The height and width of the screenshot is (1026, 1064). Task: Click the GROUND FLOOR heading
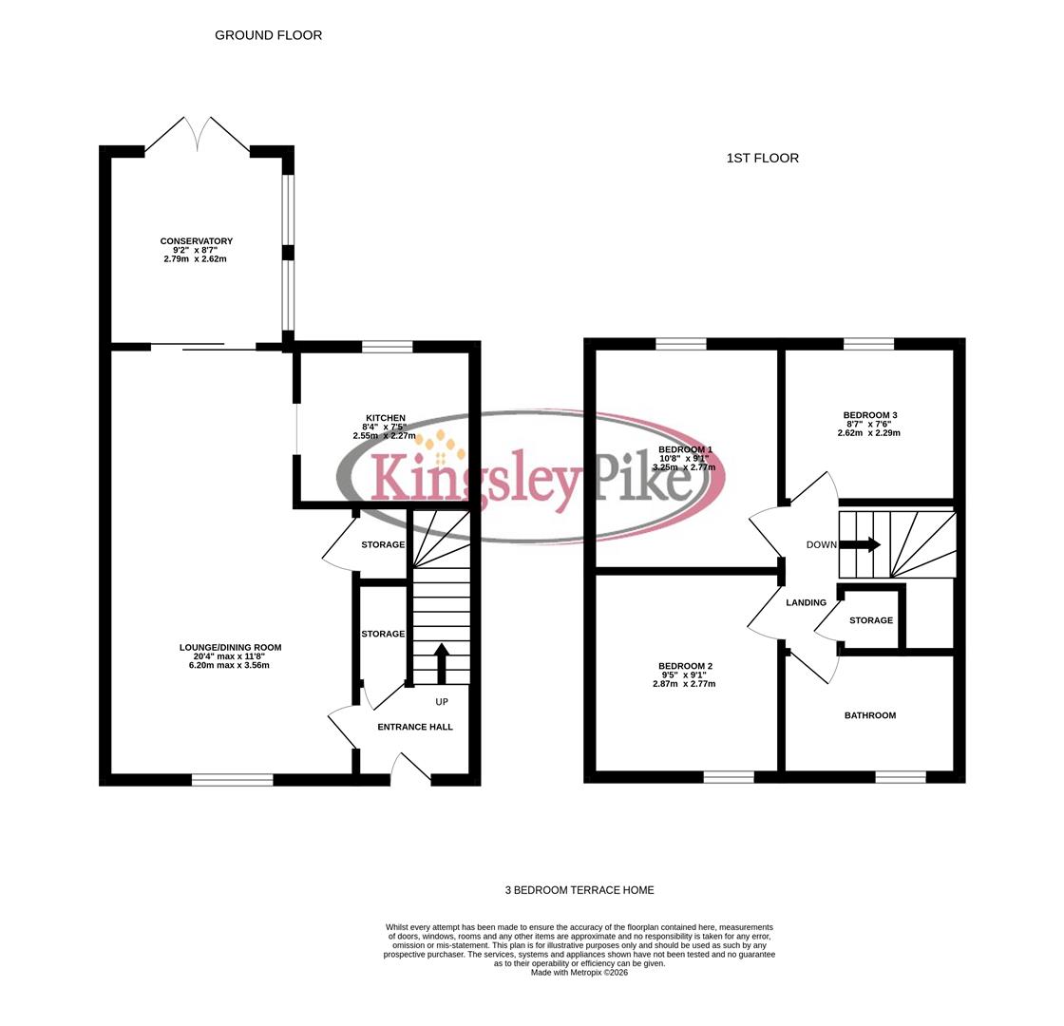(268, 35)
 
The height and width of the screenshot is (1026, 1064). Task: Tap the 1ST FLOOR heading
(762, 158)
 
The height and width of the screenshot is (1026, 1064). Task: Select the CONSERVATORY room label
(196, 241)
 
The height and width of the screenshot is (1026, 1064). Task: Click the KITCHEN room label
(385, 418)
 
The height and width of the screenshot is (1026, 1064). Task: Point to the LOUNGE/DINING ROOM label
(230, 648)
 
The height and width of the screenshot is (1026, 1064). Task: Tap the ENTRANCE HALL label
(415, 727)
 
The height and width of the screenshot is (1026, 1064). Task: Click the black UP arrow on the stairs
(441, 663)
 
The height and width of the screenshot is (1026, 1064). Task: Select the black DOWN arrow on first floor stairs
(860, 545)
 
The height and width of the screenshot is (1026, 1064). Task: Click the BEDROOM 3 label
(869, 415)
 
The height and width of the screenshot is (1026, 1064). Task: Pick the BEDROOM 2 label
(684, 667)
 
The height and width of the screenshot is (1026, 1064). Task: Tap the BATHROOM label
(869, 715)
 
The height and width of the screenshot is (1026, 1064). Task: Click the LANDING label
(806, 602)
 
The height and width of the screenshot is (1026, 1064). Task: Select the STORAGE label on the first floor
(870, 620)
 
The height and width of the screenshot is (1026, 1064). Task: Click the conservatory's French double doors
(197, 135)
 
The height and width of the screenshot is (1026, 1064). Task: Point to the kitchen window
(387, 347)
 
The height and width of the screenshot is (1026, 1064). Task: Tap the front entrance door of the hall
(410, 769)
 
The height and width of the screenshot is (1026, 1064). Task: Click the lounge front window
(232, 780)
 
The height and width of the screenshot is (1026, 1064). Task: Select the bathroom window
(900, 777)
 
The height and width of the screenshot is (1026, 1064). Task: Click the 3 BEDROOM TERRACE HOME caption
(579, 890)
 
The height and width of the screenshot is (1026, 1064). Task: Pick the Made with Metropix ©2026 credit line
(579, 972)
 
